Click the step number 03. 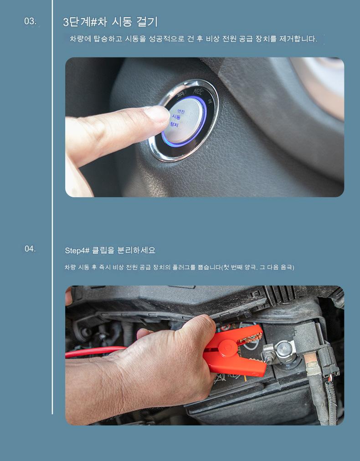coord(30,21)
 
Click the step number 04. coord(30,249)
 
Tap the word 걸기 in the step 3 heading coord(147,22)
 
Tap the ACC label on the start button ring coord(198,91)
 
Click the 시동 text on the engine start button coord(176,117)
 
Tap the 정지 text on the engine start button coord(174,124)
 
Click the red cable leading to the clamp coord(95,351)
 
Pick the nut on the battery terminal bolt coord(268,355)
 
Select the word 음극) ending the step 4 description coord(287,267)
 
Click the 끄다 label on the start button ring coord(180,95)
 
